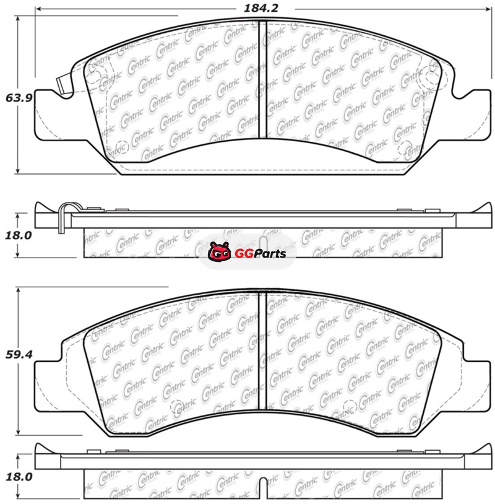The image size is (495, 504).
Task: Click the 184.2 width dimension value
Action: click(260, 8)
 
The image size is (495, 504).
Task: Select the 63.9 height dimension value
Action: click(19, 98)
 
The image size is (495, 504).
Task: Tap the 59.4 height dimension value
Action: click(19, 355)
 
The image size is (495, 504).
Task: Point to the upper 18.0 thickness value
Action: click(19, 235)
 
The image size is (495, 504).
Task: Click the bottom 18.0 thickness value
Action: click(19, 477)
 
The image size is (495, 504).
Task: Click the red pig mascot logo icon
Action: click(220, 251)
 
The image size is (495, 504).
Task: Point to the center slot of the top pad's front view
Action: click(263, 80)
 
